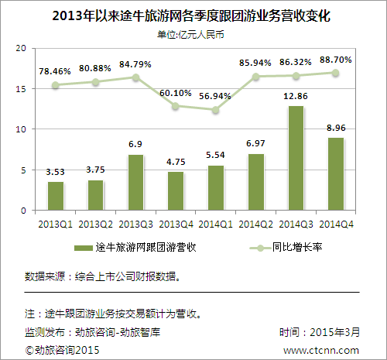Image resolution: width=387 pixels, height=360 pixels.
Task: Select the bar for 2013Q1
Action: (x=56, y=196)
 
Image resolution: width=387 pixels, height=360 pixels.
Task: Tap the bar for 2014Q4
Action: (x=336, y=173)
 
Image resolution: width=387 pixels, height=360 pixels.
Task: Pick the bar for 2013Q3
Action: (x=135, y=183)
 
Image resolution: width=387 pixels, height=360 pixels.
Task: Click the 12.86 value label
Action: (x=296, y=96)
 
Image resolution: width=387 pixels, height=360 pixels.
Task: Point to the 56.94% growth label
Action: (x=215, y=98)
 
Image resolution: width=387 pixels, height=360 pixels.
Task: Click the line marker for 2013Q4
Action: (x=176, y=106)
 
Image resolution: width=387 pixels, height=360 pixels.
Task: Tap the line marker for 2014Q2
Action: (x=255, y=77)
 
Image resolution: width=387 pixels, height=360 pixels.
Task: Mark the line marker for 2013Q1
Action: (x=56, y=85)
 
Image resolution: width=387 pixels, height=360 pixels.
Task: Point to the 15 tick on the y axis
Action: (x=22, y=89)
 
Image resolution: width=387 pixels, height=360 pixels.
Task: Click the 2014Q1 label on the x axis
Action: (x=215, y=223)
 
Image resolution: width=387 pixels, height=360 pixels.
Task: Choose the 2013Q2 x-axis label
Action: (x=95, y=223)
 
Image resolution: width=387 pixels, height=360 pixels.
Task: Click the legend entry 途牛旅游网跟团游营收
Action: (x=136, y=248)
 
